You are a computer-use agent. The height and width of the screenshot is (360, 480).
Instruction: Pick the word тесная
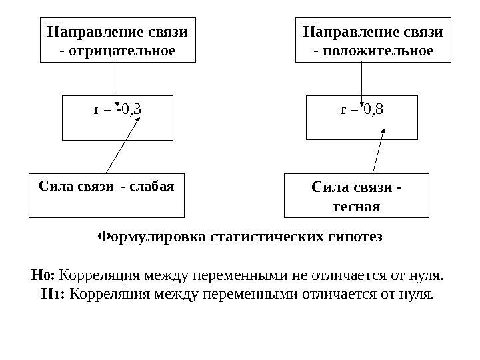pos(357,207)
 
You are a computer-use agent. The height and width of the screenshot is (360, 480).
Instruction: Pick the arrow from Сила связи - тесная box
pos(378,153)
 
